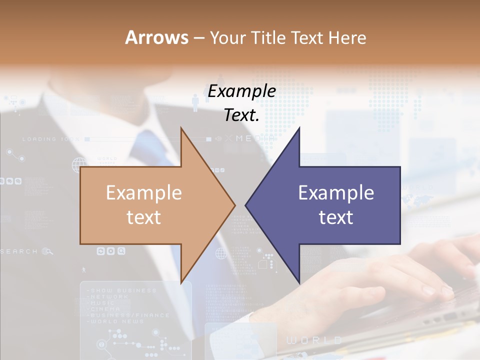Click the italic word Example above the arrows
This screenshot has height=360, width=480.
coord(241,91)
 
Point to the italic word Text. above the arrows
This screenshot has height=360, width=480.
coord(241,115)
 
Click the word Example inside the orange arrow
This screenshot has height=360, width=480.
coord(143,193)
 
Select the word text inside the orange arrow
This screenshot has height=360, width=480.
coord(143,217)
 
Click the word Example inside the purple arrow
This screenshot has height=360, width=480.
coord(336,193)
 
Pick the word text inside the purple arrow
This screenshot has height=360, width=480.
coord(336,217)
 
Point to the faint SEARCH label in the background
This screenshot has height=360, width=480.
coord(19,251)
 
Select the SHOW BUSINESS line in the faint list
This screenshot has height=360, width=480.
coord(122,290)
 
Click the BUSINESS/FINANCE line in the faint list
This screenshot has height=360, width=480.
coord(129,315)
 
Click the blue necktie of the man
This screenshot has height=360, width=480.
coord(150,150)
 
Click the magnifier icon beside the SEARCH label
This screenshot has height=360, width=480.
coord(47,251)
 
